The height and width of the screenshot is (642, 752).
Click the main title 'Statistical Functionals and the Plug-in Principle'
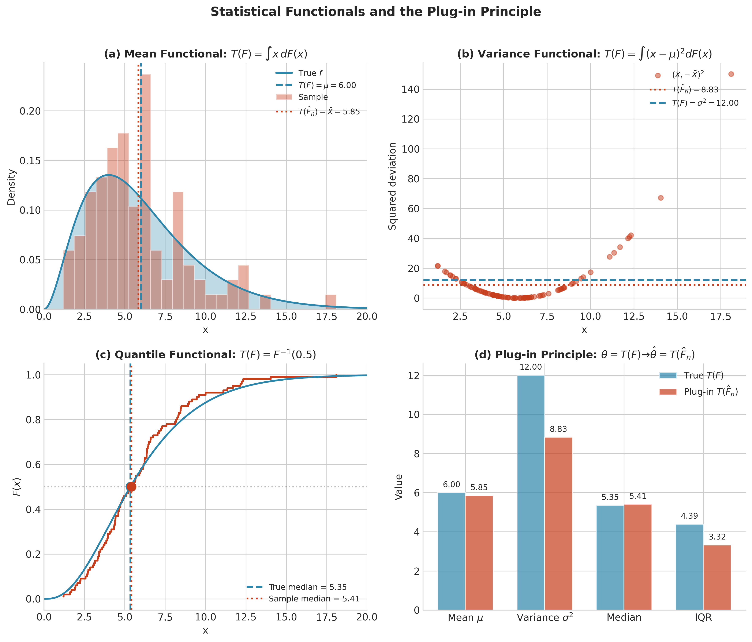click(376, 12)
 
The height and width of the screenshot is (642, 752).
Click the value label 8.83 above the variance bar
click(558, 429)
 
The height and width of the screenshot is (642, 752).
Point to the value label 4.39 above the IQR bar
click(689, 516)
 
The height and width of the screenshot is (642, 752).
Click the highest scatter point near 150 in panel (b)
click(731, 74)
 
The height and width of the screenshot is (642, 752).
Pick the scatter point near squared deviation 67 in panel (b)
click(661, 198)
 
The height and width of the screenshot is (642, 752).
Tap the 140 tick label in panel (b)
click(411, 90)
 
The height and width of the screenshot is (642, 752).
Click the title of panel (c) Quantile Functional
click(205, 355)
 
